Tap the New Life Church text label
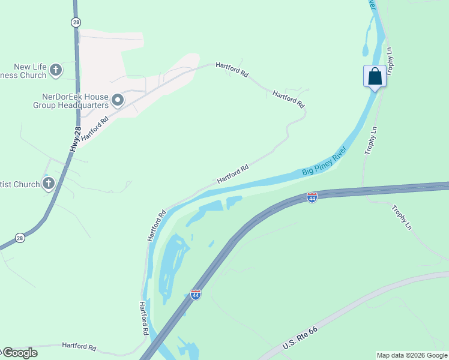(x=24, y=71)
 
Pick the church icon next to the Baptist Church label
(x=49, y=184)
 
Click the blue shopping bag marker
(x=375, y=77)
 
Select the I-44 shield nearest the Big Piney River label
(x=312, y=197)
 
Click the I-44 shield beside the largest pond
(x=195, y=294)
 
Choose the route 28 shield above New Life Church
(x=75, y=22)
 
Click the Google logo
(x=19, y=353)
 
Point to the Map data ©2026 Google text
(x=412, y=355)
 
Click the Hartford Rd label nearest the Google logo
(x=79, y=347)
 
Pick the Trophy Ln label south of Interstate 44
(x=402, y=218)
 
